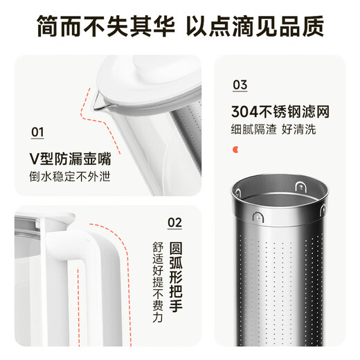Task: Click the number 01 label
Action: (x=37, y=132)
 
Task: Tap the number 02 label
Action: (x=174, y=223)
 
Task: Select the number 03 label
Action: (x=240, y=85)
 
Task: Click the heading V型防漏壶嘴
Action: (x=70, y=159)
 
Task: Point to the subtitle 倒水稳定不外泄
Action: (x=70, y=177)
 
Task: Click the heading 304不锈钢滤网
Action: (x=280, y=111)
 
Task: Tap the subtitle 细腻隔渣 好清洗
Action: (x=273, y=129)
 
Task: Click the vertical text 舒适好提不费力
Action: (x=158, y=282)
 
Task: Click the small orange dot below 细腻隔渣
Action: (x=235, y=150)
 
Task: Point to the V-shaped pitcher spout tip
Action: (x=95, y=107)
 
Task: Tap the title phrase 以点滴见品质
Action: (x=255, y=26)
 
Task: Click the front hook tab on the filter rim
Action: (x=258, y=217)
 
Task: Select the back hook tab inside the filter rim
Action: (x=300, y=186)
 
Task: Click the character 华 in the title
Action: (x=163, y=26)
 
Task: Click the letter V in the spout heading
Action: (x=34, y=159)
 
